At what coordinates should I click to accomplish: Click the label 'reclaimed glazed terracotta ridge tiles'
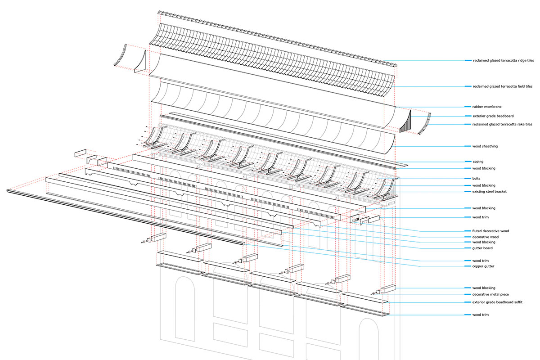click(504, 60)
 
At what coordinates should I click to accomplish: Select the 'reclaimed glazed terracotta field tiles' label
click(502, 86)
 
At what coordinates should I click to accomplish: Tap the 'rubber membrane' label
click(487, 107)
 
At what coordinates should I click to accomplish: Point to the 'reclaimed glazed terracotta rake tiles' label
click(502, 124)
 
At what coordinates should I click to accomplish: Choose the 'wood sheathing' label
click(485, 146)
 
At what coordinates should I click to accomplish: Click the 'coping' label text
click(478, 162)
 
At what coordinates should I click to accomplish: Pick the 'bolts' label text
click(476, 179)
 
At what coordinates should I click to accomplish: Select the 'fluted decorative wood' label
click(490, 231)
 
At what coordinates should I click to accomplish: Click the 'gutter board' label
click(482, 248)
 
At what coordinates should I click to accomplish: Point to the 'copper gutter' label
click(483, 266)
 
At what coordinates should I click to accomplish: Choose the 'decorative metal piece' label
click(490, 294)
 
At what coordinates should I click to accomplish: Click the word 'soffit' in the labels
click(517, 302)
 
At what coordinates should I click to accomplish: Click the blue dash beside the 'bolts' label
click(468, 179)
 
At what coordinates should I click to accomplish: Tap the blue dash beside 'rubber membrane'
click(468, 107)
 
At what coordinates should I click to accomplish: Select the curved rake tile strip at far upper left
click(120, 55)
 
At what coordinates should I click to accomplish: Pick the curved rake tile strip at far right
click(425, 124)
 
